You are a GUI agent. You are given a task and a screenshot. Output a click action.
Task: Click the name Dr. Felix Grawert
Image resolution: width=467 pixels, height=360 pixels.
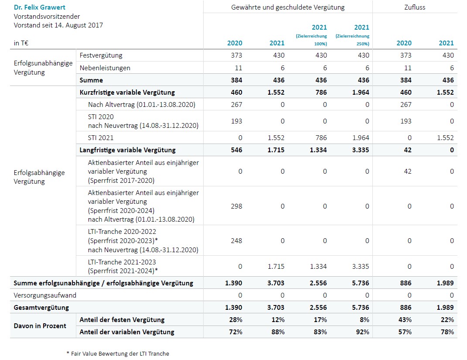40,7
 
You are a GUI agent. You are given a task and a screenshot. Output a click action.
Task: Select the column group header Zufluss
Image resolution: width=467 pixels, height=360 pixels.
414,7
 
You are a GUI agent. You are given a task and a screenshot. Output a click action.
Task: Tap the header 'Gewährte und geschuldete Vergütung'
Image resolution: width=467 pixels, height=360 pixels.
288,7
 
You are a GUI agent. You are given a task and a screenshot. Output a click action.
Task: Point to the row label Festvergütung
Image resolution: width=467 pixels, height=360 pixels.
101,55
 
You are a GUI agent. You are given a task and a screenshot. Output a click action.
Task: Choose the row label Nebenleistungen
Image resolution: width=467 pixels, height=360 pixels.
105,68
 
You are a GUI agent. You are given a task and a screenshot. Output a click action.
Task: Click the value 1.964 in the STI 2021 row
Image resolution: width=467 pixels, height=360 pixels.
361,137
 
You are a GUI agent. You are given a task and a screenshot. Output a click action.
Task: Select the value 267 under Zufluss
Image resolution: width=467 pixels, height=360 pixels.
406,104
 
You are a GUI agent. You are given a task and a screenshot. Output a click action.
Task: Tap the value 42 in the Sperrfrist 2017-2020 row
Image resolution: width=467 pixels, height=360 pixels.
407,171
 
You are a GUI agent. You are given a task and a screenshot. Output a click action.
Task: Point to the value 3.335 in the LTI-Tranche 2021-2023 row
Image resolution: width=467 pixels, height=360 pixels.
361,266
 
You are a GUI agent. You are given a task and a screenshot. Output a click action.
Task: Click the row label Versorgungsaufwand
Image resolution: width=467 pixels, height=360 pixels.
45,295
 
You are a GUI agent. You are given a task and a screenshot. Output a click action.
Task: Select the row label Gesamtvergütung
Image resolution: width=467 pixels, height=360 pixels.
41,307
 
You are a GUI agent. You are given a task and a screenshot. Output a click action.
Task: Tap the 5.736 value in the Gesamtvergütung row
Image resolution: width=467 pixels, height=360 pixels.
361,307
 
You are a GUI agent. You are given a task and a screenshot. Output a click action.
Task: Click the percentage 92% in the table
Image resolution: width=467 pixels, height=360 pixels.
362,332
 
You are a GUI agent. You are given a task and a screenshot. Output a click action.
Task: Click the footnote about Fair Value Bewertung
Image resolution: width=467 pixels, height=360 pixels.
117,353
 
